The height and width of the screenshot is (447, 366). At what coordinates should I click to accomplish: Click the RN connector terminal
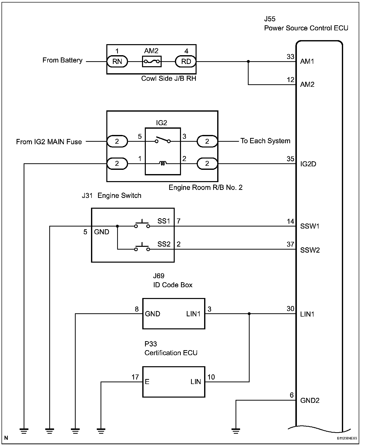pyautogui.click(x=117, y=61)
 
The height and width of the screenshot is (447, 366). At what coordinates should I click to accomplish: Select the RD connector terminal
pyautogui.click(x=186, y=61)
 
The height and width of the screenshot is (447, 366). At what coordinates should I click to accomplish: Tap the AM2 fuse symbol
pyautogui.click(x=152, y=61)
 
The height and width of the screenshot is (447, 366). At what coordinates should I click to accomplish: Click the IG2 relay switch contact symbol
pyautogui.click(x=163, y=140)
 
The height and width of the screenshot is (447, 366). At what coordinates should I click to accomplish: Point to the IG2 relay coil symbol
pyautogui.click(x=163, y=164)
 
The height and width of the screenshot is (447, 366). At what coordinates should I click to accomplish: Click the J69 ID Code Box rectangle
pyautogui.click(x=174, y=314)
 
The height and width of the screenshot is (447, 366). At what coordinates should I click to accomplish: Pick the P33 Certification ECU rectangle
pyautogui.click(x=174, y=382)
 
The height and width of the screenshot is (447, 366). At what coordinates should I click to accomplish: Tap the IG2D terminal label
pyautogui.click(x=308, y=164)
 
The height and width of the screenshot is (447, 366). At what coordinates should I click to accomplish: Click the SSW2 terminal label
pyautogui.click(x=310, y=250)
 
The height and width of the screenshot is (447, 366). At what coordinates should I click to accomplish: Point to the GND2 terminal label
pyautogui.click(x=310, y=401)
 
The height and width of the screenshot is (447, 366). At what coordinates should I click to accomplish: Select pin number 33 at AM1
pyautogui.click(x=290, y=57)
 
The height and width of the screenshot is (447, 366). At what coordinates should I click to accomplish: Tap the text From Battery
pyautogui.click(x=62, y=60)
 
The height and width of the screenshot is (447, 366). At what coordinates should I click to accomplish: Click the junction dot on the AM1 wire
pyautogui.click(x=248, y=61)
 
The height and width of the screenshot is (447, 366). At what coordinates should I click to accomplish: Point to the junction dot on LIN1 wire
pyautogui.click(x=249, y=314)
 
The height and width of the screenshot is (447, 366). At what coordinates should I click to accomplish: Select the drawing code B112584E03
pyautogui.click(x=347, y=438)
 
